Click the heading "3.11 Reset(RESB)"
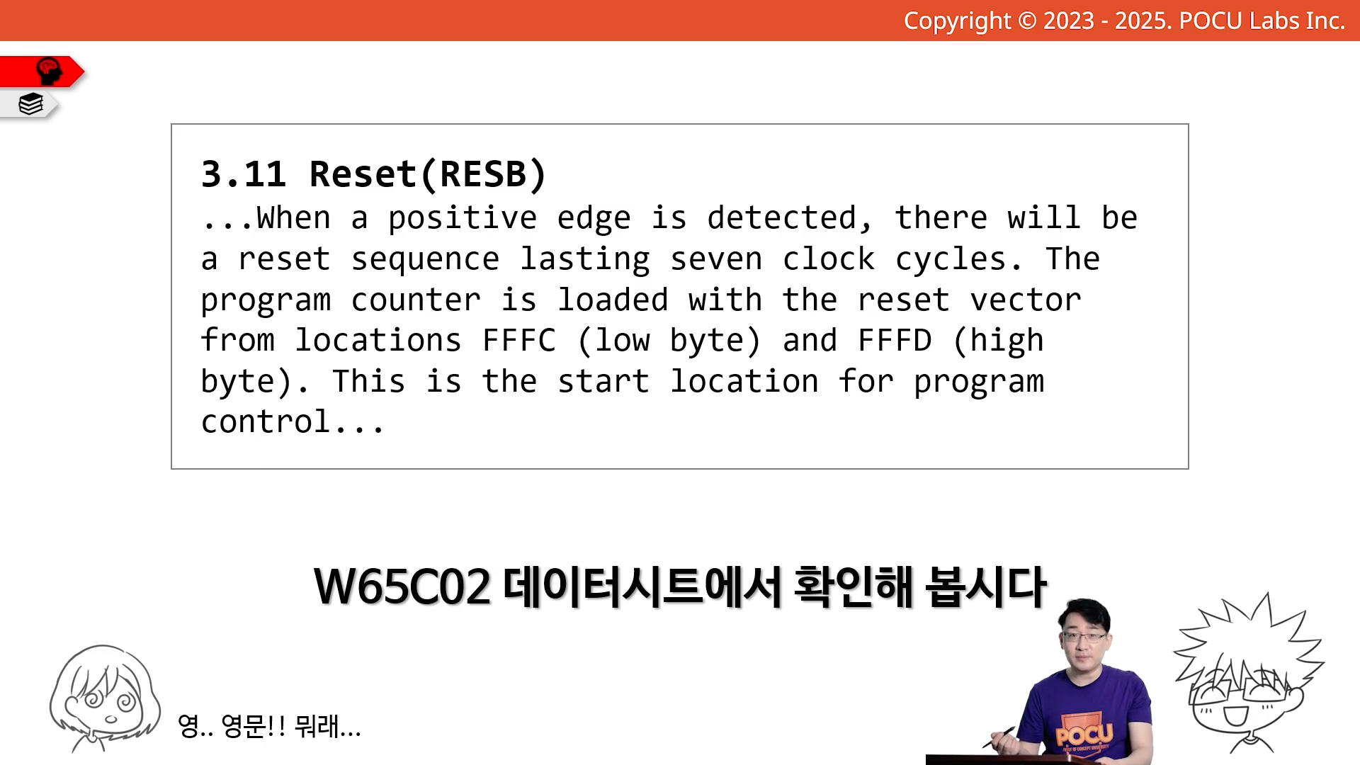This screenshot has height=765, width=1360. pyautogui.click(x=374, y=174)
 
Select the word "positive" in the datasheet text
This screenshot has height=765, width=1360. pyautogui.click(x=462, y=219)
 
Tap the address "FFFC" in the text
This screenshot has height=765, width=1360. pyautogui.click(x=519, y=341)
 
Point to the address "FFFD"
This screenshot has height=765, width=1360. pyautogui.click(x=895, y=341)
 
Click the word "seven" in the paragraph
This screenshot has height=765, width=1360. pyautogui.click(x=716, y=259)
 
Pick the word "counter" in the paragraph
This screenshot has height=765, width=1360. pyautogui.click(x=416, y=300)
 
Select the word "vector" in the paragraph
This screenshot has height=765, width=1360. pyautogui.click(x=1026, y=300)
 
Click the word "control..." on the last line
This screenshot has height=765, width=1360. pyautogui.click(x=293, y=422)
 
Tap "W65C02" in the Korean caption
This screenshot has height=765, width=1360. pyautogui.click(x=402, y=586)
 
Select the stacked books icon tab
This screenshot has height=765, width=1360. pyautogui.click(x=30, y=104)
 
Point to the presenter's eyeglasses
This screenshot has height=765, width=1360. pyautogui.click(x=1084, y=636)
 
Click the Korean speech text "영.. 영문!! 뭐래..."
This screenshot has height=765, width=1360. pyautogui.click(x=269, y=726)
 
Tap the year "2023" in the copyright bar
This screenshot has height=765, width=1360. pyautogui.click(x=1068, y=21)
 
